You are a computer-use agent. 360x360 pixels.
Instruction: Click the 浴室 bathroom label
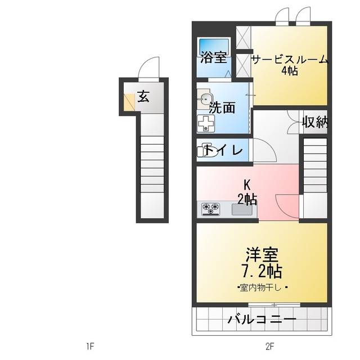tap(214, 58)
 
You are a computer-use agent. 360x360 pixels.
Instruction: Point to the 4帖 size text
tap(289, 71)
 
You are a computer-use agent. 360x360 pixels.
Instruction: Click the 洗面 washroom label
tap(222, 107)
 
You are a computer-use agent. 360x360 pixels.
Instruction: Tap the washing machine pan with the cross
tap(206, 123)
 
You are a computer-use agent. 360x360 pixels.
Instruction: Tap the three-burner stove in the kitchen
tap(211, 209)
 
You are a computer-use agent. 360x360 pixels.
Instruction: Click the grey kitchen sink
tap(242, 209)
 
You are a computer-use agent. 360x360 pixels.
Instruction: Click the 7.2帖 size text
tap(262, 272)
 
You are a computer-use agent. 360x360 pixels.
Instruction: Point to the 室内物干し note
tap(262, 288)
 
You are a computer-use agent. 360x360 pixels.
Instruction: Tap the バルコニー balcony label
tap(262, 320)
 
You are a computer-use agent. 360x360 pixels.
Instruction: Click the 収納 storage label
tap(314, 122)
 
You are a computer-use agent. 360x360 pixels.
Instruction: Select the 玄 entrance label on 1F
tap(143, 96)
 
